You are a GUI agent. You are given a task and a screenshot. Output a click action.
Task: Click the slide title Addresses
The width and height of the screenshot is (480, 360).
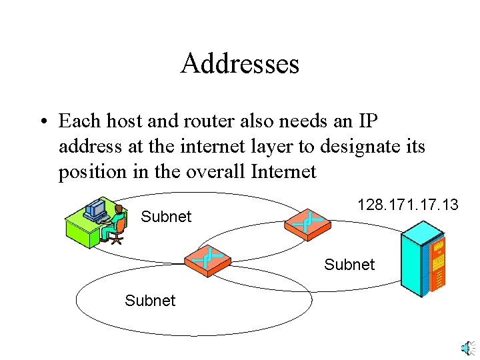click(239, 64)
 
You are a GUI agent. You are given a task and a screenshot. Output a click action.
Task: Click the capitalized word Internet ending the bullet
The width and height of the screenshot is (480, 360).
click(283, 171)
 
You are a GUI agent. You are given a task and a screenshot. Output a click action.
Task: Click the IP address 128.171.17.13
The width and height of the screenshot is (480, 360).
click(407, 205)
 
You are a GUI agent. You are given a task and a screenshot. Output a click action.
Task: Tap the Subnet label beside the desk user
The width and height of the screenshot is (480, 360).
click(166, 217)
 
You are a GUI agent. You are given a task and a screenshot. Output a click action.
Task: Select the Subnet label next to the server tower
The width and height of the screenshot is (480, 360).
click(349, 265)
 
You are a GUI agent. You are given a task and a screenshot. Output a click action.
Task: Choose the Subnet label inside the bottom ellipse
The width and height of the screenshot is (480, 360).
click(150, 301)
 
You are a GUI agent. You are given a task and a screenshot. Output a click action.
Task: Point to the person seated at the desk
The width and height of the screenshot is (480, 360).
click(116, 223)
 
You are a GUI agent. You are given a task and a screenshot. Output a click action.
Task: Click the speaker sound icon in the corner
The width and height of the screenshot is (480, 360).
click(467, 348)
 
